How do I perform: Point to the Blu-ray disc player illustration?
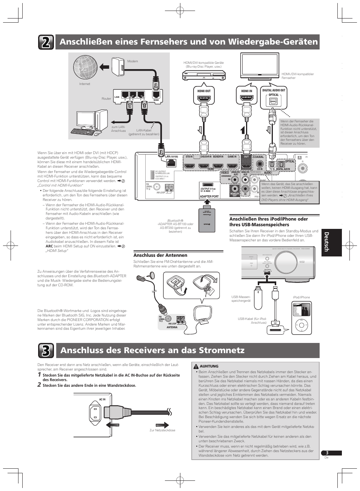point(204,76)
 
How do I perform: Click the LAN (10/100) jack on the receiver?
point(171,163)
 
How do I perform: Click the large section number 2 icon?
point(46,42)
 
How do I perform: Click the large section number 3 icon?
point(46,350)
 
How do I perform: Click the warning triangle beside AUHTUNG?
point(196,366)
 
